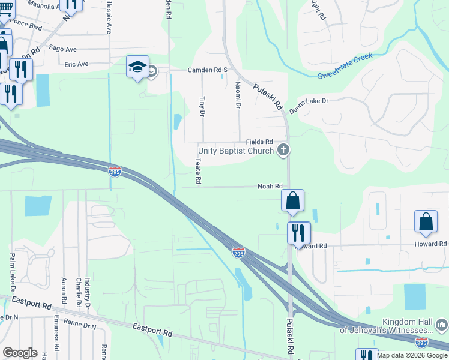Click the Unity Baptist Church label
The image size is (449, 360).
point(237,151)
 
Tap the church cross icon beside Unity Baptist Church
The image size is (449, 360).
point(284,150)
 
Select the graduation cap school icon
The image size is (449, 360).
point(137,67)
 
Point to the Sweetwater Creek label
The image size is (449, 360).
point(345,65)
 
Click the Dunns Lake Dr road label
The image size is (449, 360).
point(309,106)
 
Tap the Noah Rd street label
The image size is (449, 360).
point(270,187)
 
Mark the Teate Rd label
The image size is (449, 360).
point(197,172)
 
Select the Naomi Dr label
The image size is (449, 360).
point(238,95)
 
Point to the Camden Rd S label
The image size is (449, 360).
point(208,70)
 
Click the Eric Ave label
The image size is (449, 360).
point(77,64)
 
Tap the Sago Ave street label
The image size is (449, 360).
point(80,49)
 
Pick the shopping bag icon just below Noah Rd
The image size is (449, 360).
point(292,200)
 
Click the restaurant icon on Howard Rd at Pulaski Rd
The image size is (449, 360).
point(298,232)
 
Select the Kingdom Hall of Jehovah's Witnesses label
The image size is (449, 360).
point(386,326)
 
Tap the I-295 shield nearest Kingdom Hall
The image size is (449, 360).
point(422,342)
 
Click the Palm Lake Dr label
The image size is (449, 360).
point(12,268)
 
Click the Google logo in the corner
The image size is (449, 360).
point(20,353)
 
